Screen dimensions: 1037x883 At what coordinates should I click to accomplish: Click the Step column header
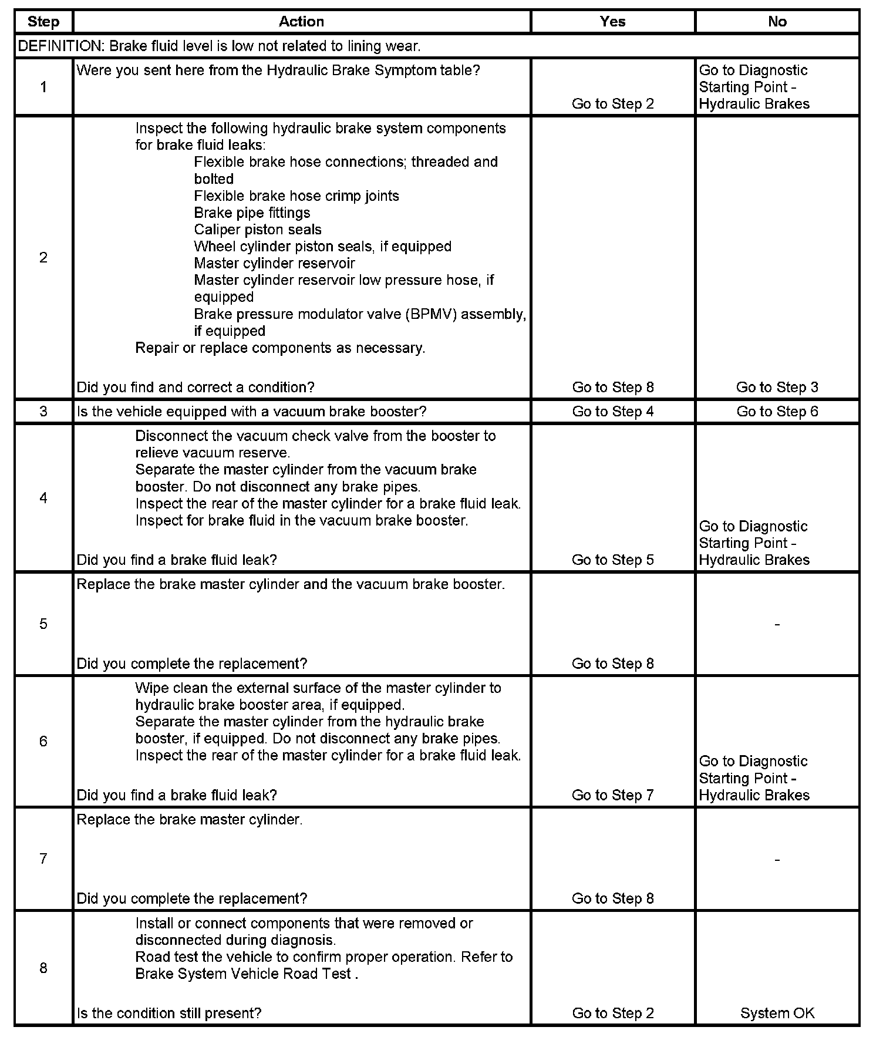(x=43, y=22)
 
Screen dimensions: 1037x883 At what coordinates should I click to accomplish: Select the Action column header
(x=301, y=22)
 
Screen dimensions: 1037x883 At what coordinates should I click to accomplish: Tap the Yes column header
(x=612, y=22)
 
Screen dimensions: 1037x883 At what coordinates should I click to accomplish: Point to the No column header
(x=777, y=22)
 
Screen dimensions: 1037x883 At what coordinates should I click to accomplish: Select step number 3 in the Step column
(x=43, y=411)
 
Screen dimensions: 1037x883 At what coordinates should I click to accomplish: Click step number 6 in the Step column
(x=43, y=741)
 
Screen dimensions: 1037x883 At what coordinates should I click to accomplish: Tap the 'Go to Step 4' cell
(x=612, y=411)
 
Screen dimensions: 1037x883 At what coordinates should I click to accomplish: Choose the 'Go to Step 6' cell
(x=777, y=411)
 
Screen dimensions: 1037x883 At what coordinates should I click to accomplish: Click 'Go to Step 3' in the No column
(x=777, y=387)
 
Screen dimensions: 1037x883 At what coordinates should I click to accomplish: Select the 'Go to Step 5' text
(x=612, y=560)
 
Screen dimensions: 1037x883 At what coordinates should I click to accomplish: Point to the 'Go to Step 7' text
(x=612, y=795)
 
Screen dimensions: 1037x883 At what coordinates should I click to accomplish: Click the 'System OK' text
(x=777, y=1013)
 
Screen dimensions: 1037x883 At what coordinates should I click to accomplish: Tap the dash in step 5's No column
(x=777, y=624)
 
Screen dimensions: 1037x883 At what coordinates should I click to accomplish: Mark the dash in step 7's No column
(x=777, y=860)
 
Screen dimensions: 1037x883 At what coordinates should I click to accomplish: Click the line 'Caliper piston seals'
(x=258, y=230)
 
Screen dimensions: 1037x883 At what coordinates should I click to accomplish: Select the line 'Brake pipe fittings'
(x=252, y=213)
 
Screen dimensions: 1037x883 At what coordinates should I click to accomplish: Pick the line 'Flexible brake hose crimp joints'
(x=296, y=196)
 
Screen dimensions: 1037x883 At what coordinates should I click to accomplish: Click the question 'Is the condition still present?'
(x=169, y=1013)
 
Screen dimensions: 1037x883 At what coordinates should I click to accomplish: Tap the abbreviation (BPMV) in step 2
(x=431, y=314)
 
